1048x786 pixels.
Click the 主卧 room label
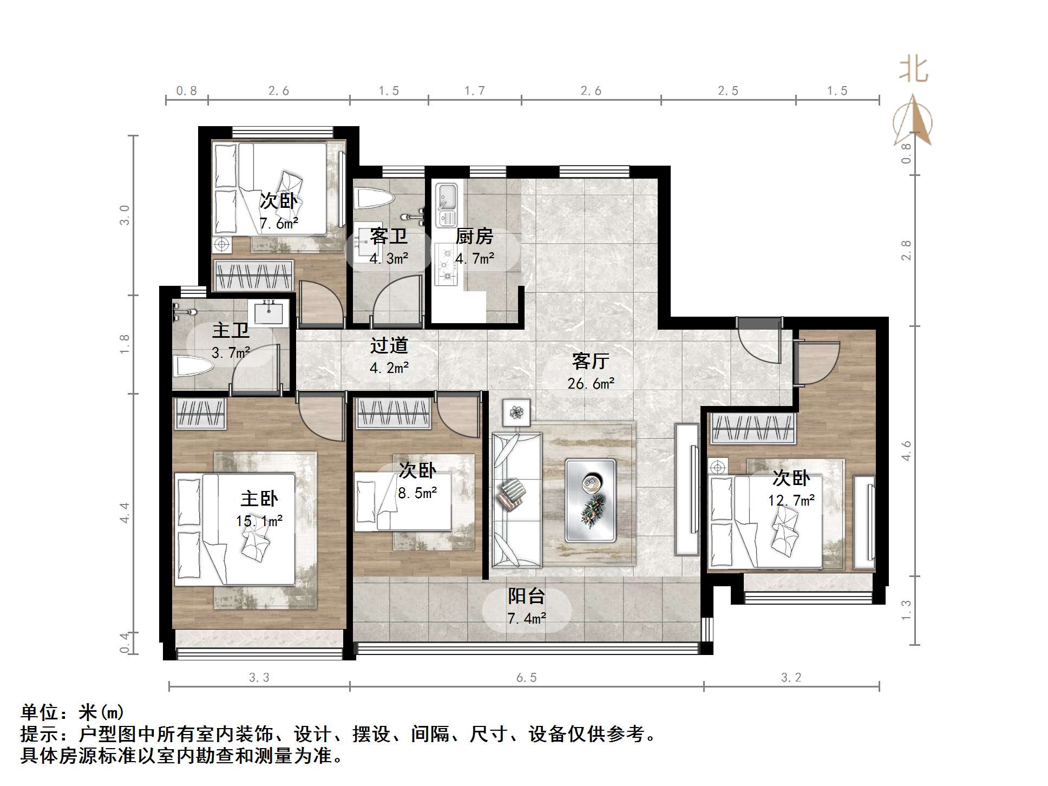(259, 499)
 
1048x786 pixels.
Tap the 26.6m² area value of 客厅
(591, 384)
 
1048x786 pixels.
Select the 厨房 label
(474, 237)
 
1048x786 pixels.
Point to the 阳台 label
(526, 596)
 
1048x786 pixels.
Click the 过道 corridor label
(389, 345)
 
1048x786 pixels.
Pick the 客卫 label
(389, 237)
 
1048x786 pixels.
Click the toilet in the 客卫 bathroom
(372, 198)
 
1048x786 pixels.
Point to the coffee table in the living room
(590, 500)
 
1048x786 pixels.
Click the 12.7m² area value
(791, 500)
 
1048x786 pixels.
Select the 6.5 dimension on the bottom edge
(526, 677)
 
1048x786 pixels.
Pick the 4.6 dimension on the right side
(906, 451)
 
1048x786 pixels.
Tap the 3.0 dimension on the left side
(125, 215)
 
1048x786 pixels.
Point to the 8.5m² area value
(417, 493)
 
